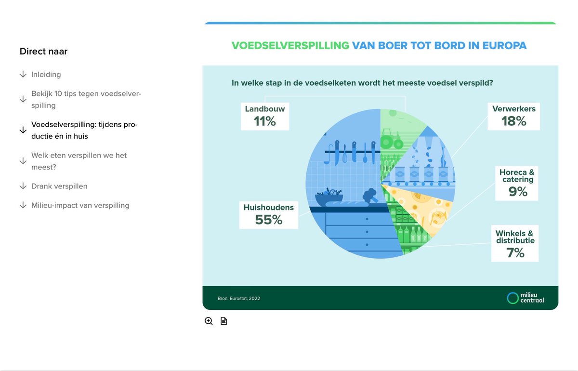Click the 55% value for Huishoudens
click(x=269, y=220)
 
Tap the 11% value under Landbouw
click(x=265, y=121)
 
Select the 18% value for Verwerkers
click(x=513, y=121)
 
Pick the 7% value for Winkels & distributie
click(x=515, y=252)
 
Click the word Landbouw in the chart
click(x=265, y=109)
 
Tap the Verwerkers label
click(x=513, y=109)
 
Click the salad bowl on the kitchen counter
click(x=329, y=196)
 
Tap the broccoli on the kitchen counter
click(x=370, y=196)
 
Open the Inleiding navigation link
click(x=46, y=75)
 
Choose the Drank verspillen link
click(x=59, y=186)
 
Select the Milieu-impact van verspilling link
click(x=80, y=205)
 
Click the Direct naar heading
click(x=43, y=51)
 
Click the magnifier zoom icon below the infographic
click(x=209, y=321)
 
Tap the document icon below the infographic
click(x=223, y=321)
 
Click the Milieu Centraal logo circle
click(x=512, y=298)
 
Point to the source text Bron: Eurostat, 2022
click(x=238, y=298)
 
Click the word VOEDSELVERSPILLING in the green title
click(x=290, y=46)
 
